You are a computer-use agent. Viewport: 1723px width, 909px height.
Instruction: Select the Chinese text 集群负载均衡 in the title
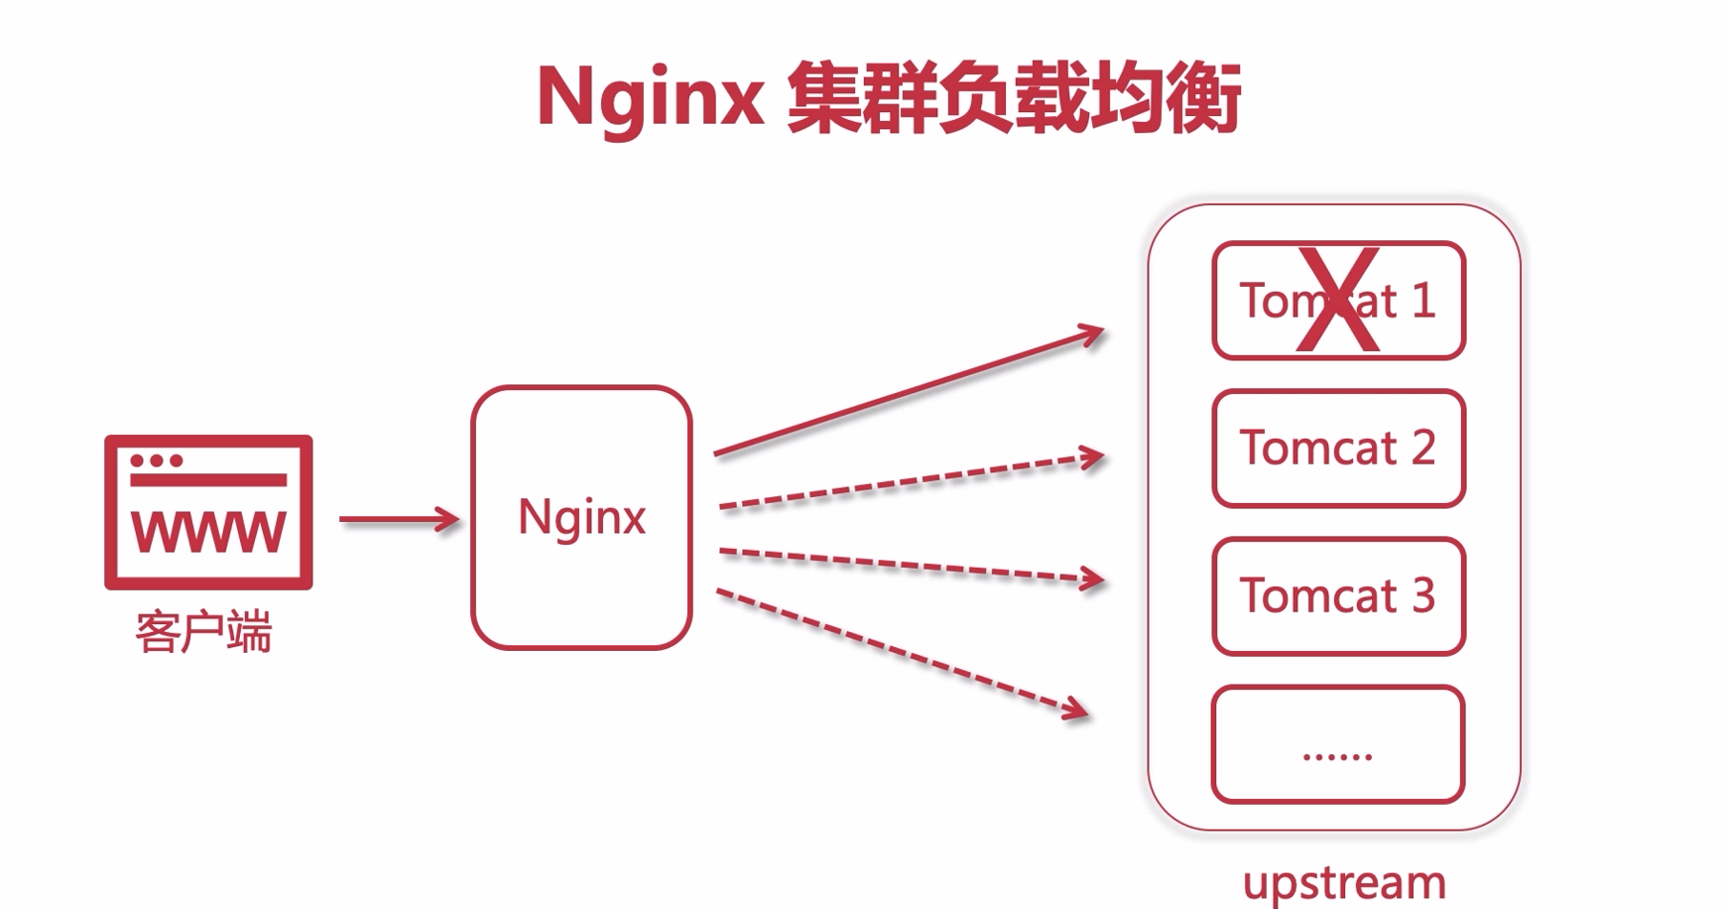(x=1014, y=99)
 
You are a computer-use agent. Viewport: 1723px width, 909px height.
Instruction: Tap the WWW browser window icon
(x=208, y=512)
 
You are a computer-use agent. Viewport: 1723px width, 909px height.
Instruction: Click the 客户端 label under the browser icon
(x=203, y=632)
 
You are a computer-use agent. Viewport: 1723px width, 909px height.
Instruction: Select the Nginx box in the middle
(x=581, y=517)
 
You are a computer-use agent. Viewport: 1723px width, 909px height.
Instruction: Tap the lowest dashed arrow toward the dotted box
(x=903, y=651)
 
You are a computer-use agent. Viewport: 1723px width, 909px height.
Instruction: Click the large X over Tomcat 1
(x=1338, y=300)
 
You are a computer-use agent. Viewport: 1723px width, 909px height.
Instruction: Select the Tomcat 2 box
(x=1338, y=449)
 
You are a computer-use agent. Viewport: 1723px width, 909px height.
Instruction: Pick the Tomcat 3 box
(x=1338, y=596)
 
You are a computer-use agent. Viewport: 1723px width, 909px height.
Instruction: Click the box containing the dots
(x=1338, y=744)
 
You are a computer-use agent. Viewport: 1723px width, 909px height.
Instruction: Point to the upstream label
(x=1344, y=882)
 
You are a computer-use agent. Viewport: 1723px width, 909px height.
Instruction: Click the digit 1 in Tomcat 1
(x=1423, y=301)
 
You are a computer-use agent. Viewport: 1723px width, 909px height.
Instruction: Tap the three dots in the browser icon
(x=157, y=460)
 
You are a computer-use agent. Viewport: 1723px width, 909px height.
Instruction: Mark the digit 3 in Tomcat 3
(x=1423, y=596)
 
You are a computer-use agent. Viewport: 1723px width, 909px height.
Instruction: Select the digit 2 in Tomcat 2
(x=1423, y=449)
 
